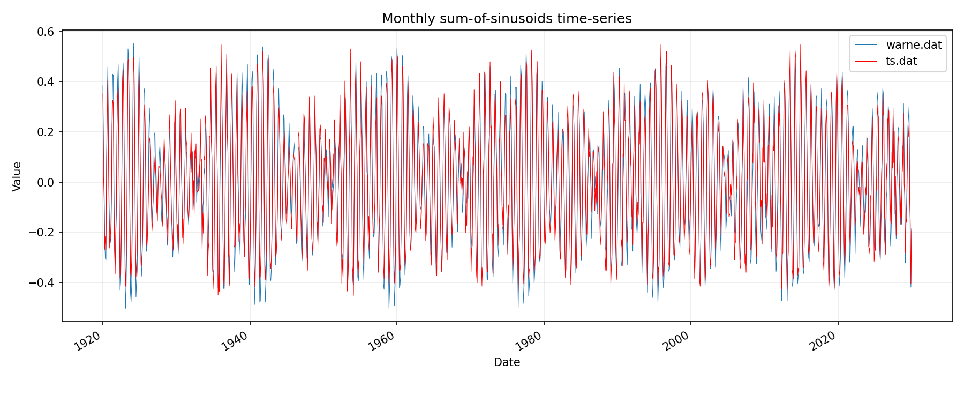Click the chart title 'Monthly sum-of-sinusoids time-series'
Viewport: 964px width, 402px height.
(x=507, y=19)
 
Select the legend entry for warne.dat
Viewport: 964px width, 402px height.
(x=914, y=45)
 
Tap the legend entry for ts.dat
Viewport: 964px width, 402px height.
(x=901, y=61)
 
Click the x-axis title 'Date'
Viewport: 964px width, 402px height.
(x=507, y=362)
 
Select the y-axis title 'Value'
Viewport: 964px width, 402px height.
(x=17, y=176)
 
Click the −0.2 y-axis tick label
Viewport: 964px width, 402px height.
(x=43, y=232)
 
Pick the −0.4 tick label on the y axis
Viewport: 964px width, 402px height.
(x=43, y=282)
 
